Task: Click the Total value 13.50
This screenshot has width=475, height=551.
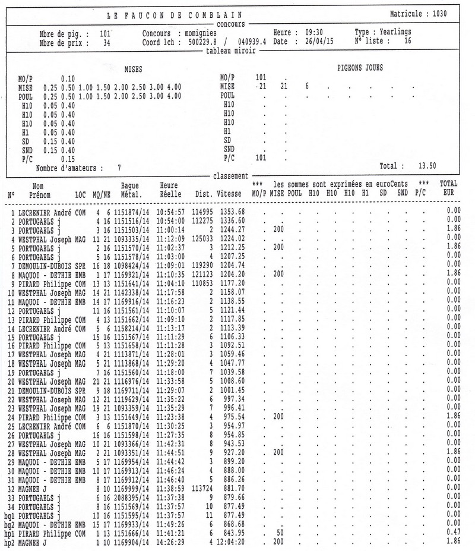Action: click(427, 167)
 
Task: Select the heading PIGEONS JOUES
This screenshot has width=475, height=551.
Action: click(360, 68)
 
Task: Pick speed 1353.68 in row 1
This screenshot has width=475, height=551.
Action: click(232, 212)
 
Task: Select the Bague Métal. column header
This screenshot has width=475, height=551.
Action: click(130, 189)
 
